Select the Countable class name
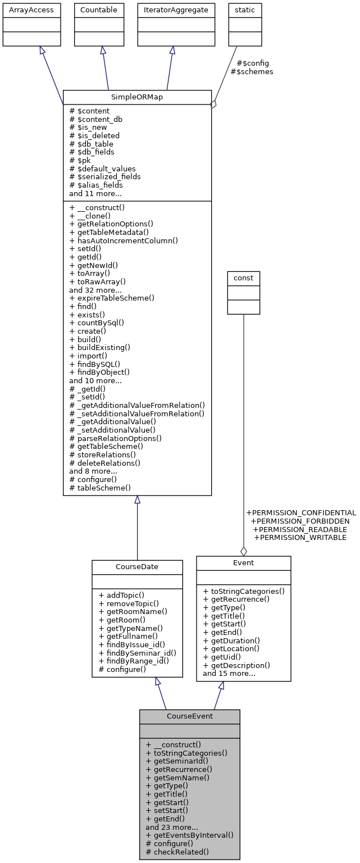[99, 10]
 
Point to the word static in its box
[244, 10]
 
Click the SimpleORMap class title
[137, 97]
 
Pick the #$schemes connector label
[252, 72]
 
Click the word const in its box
[243, 278]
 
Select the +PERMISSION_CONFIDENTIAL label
[301, 513]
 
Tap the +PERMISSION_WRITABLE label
[300, 538]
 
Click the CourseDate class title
[137, 567]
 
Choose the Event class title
[243, 563]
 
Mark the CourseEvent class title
[189, 716]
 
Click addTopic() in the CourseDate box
[121, 595]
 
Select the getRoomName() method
[133, 611]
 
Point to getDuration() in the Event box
[231, 641]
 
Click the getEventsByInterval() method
[189, 835]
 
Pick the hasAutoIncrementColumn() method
[124, 240]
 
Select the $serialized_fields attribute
[105, 176]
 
